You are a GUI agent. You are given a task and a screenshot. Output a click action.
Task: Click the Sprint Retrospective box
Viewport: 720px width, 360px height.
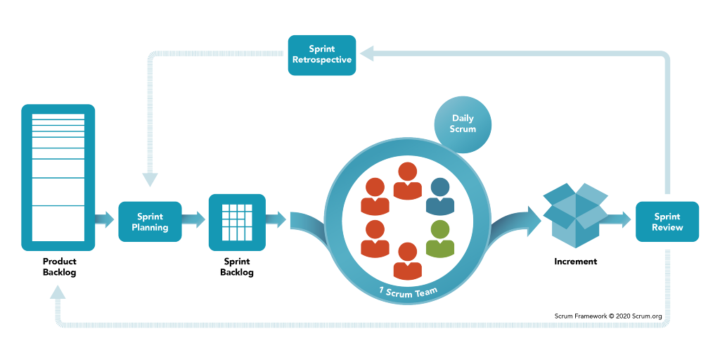(322, 55)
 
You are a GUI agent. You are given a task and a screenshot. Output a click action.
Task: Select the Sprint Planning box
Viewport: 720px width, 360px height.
(150, 221)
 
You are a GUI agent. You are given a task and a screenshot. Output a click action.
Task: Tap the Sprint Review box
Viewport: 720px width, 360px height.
(667, 221)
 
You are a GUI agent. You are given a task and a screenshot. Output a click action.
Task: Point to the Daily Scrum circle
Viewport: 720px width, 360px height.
(463, 124)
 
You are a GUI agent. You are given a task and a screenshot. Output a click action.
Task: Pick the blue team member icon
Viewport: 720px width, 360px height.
(440, 197)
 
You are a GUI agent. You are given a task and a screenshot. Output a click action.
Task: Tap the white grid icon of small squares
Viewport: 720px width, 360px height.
(237, 221)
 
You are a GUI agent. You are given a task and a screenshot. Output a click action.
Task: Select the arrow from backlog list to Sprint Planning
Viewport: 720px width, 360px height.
(105, 219)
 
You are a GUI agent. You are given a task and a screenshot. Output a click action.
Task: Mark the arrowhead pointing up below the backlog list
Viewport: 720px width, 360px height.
(58, 294)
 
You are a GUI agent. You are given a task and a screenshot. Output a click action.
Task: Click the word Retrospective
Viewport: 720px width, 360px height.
(322, 60)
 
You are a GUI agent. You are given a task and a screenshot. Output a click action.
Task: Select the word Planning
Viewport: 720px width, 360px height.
(150, 227)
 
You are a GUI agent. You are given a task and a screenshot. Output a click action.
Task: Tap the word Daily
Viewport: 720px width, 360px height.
(463, 119)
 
